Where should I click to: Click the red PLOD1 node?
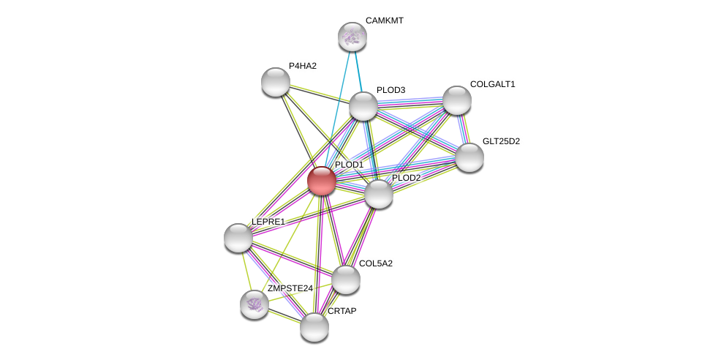point(321,180)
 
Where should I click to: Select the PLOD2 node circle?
point(379,193)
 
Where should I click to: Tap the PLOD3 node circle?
point(363,106)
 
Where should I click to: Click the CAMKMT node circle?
point(352,36)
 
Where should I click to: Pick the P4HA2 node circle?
point(276,81)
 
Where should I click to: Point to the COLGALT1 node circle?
point(456,100)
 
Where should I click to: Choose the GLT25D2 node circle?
point(469,157)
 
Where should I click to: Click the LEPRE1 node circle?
point(238,237)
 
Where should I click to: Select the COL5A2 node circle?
point(345,279)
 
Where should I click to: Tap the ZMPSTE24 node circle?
point(254,304)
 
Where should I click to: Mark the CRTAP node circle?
point(314,326)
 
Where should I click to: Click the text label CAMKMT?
point(384,20)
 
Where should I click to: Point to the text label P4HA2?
point(302,66)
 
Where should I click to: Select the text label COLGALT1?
point(492,84)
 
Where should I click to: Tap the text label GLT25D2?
point(501,141)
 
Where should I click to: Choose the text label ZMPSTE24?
point(290,288)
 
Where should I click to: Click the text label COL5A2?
point(375,263)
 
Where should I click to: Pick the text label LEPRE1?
point(268,222)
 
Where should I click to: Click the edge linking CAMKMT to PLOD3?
point(358,71)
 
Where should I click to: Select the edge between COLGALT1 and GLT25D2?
point(463,129)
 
